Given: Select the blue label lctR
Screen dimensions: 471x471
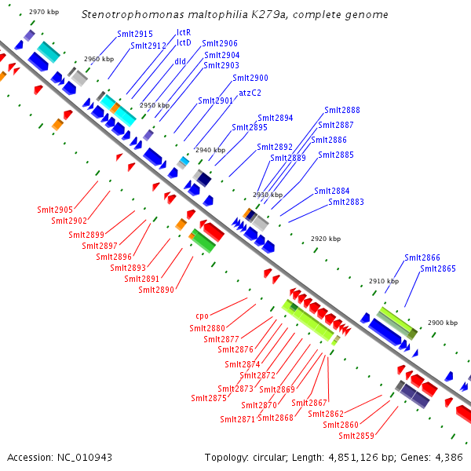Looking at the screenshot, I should tap(184, 33).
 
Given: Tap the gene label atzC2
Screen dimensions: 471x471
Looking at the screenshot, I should tap(250, 92).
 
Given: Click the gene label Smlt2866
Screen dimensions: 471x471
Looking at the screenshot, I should tap(422, 257).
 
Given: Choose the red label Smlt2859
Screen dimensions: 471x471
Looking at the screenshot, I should tap(356, 436).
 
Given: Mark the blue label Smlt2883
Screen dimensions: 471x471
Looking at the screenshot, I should tap(346, 202).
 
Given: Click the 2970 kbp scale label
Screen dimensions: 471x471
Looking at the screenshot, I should tap(43, 13).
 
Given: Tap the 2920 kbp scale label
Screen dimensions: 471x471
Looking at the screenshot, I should tap(326, 239).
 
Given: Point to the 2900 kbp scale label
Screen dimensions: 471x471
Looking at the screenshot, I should tap(443, 323).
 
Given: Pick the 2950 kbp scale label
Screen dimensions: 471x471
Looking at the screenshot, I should tap(155, 105).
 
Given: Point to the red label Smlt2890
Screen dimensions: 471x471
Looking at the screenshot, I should tap(156, 290).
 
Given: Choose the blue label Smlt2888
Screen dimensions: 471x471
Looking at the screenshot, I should tap(342, 110).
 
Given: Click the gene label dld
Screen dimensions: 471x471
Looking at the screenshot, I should tap(180, 60).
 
